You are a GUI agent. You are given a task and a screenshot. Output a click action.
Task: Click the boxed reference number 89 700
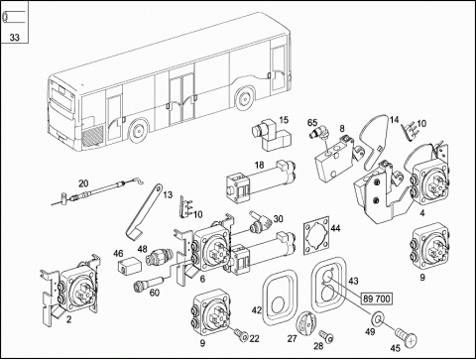[377, 299]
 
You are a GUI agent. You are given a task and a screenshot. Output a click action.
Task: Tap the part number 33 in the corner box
[15, 38]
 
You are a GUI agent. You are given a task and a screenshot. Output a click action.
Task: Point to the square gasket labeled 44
[316, 235]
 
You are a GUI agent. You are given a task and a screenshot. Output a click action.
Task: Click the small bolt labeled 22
[241, 334]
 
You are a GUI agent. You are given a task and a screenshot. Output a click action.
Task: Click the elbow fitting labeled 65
[320, 134]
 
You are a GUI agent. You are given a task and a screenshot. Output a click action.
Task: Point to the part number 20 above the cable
[83, 183]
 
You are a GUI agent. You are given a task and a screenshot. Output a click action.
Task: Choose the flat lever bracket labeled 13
[144, 212]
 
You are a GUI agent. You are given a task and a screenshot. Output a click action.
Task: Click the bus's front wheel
[244, 98]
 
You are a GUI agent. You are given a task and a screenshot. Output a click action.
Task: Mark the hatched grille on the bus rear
[92, 137]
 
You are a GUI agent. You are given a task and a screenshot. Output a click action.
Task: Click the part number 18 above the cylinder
[260, 165]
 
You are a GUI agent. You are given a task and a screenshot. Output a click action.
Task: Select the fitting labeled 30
[260, 223]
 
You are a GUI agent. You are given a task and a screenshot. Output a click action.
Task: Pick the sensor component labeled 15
[271, 136]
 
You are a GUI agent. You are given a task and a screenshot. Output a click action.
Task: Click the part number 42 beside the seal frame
[257, 310]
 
